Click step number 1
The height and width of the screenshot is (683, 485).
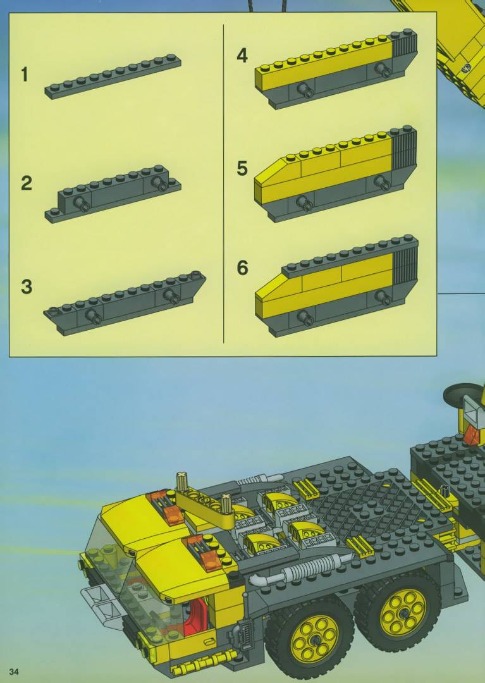(25, 75)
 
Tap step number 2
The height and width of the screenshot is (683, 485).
(26, 183)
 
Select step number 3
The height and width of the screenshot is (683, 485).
(26, 286)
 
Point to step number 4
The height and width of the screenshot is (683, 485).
(242, 56)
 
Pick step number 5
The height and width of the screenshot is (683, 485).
(242, 168)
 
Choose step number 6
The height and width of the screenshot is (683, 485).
(242, 268)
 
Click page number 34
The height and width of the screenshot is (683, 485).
(14, 672)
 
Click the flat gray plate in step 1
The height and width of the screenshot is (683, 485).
(113, 77)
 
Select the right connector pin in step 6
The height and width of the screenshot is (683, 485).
(384, 297)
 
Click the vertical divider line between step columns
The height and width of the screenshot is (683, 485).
(223, 183)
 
